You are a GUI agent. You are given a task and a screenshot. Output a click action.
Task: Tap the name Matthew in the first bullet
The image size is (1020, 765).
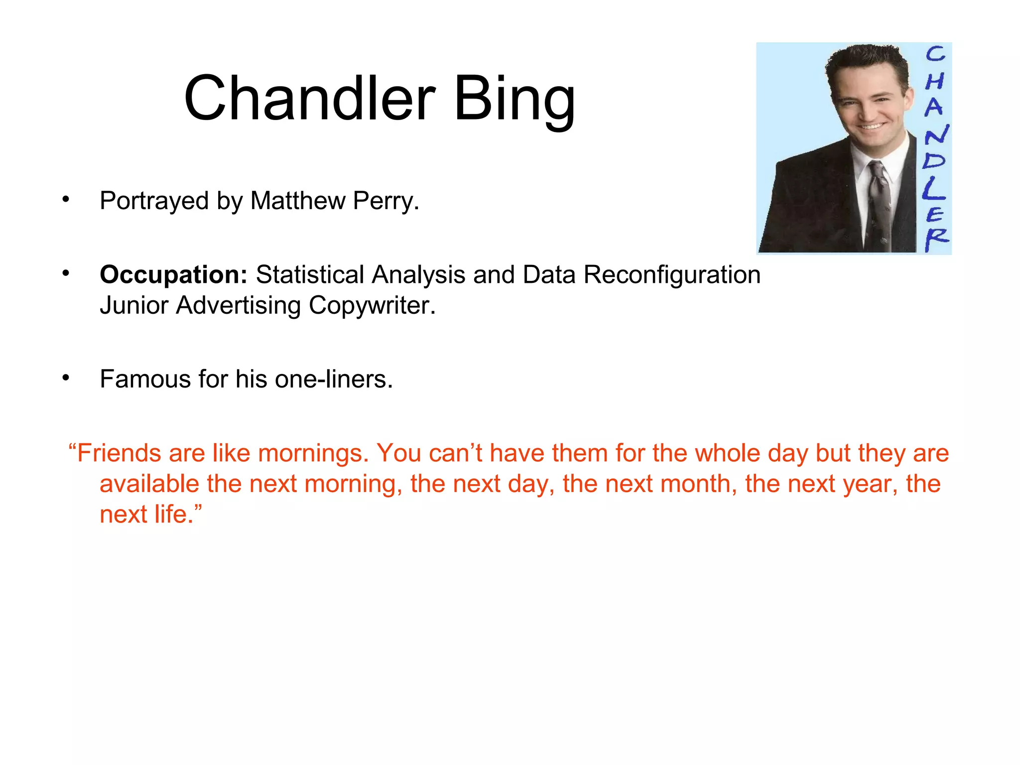[x=297, y=201]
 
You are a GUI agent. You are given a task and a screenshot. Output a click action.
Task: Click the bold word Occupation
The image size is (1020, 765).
[x=173, y=275]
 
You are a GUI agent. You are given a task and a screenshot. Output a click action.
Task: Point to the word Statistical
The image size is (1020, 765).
[x=310, y=275]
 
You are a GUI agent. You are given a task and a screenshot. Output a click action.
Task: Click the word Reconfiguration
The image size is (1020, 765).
[x=671, y=275]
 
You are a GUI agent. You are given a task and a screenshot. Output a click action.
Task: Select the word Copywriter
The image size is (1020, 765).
[x=372, y=305]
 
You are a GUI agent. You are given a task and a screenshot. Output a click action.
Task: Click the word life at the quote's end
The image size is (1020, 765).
[x=173, y=514]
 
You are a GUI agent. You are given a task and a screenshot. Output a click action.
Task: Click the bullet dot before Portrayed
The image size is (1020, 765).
[x=66, y=200]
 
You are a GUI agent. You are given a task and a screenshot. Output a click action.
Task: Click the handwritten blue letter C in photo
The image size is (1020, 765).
[x=935, y=54]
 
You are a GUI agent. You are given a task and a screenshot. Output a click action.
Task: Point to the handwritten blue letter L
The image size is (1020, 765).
[x=932, y=188]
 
